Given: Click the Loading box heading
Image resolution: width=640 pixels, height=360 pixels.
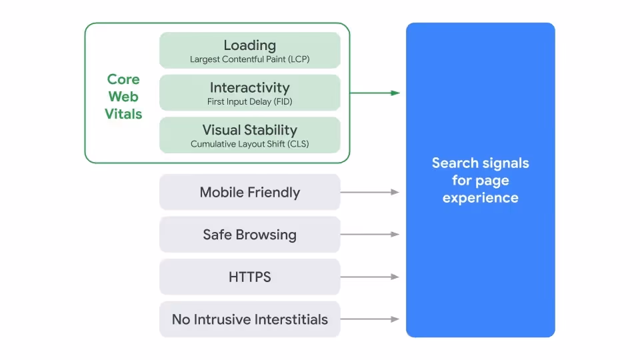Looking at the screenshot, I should coord(249,45).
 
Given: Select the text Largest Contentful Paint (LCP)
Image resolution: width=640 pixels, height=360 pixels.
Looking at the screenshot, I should coord(249,59).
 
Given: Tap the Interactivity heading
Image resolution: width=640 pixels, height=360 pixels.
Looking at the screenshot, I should coord(249,87).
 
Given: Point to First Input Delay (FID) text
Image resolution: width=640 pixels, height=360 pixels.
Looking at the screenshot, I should coord(249,102).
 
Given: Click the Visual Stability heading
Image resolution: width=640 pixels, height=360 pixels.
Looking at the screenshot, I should coord(249,130).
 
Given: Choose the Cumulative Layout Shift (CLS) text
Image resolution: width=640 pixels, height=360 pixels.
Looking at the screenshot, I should coord(249,144).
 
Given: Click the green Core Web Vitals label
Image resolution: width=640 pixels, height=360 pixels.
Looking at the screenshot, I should coord(123,97).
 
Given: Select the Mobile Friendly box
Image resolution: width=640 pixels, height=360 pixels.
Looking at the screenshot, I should coord(249,193).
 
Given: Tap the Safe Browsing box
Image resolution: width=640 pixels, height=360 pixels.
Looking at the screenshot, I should coord(249,235).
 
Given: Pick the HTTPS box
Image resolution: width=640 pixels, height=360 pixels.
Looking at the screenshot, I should coord(249,277).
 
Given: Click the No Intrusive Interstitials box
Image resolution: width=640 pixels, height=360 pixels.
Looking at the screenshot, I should coord(249,319).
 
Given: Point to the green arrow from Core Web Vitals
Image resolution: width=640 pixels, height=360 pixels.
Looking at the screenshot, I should coord(375,93).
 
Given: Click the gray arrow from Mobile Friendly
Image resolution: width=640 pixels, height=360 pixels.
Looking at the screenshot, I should coord(370,192).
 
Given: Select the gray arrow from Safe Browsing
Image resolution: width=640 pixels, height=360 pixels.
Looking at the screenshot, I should coord(370,235).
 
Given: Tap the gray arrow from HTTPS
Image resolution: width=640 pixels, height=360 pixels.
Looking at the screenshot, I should coord(370,277).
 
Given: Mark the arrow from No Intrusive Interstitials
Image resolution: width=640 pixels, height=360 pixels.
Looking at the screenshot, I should coord(370,319).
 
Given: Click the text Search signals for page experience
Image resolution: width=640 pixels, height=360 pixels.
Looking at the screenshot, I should coord(480,180).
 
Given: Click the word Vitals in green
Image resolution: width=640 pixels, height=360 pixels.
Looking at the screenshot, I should coord(123,114).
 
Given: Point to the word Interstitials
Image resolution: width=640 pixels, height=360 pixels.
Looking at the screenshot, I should coord(288,319).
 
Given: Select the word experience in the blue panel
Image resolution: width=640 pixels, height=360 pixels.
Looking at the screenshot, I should coord(480,198).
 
